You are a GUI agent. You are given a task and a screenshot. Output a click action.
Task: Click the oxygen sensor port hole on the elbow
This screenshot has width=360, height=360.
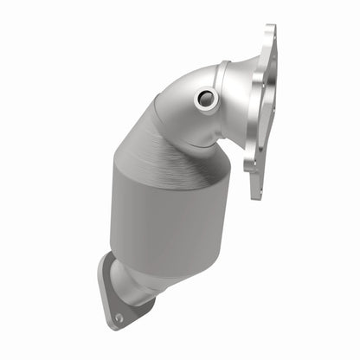205,99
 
